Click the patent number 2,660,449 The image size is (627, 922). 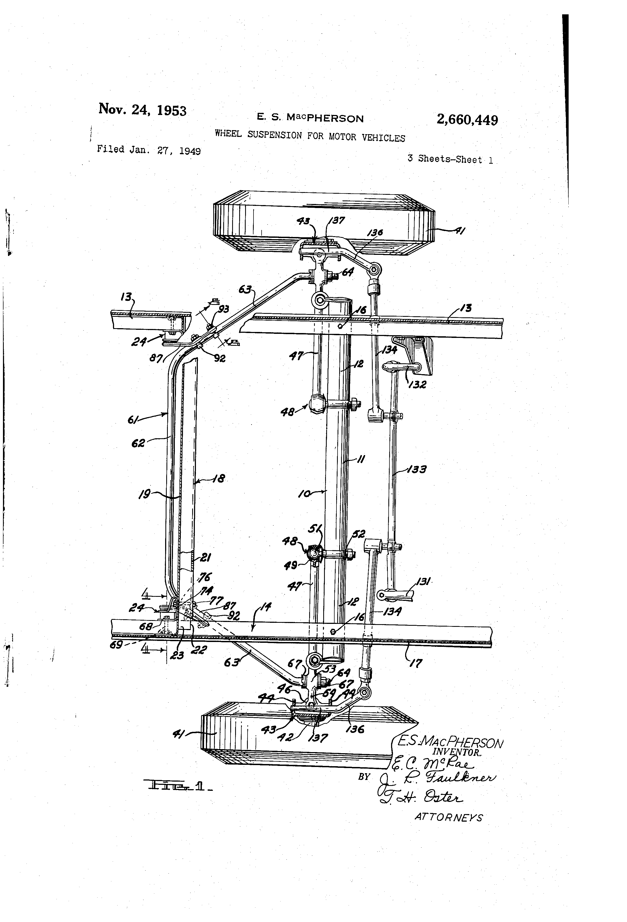pos(467,119)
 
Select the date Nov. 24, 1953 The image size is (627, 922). pos(142,110)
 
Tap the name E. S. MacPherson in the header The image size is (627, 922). pos(310,118)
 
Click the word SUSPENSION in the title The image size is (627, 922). pos(274,135)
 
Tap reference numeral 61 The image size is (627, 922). pos(133,419)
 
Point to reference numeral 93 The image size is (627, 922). pos(224,309)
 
